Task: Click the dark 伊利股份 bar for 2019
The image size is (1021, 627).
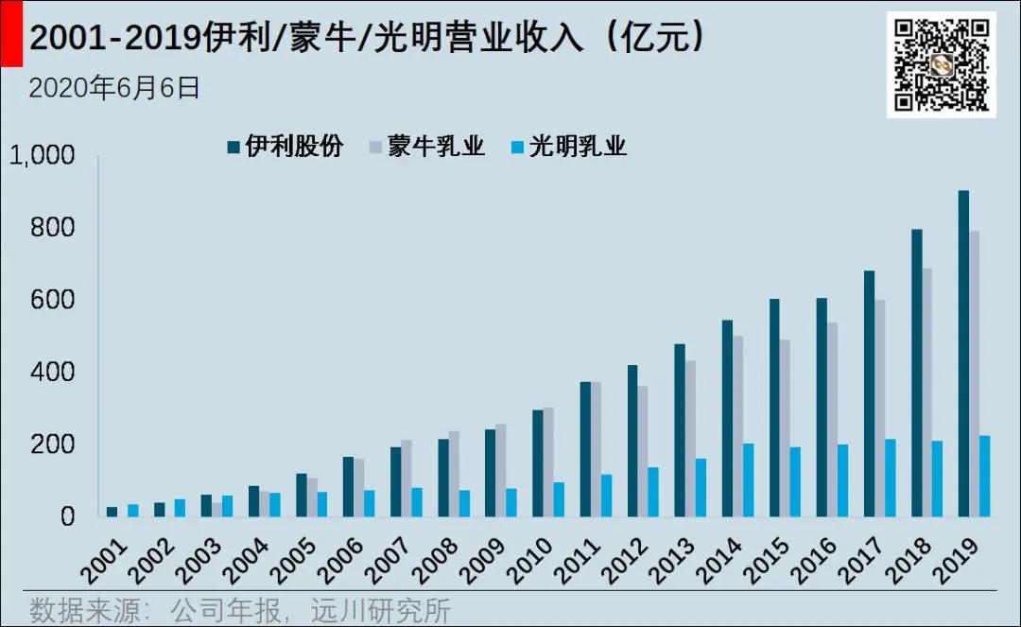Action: (963, 354)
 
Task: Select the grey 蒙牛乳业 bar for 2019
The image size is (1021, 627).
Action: (974, 374)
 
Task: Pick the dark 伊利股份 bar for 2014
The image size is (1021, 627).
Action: (726, 418)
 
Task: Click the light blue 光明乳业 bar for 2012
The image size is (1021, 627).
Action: (653, 492)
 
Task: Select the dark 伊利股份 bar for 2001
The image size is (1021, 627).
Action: (112, 512)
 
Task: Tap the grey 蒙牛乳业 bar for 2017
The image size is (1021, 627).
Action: (879, 409)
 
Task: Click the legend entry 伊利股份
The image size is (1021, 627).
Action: (285, 147)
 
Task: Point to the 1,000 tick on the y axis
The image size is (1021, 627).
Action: (42, 156)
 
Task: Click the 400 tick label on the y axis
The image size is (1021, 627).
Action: (53, 373)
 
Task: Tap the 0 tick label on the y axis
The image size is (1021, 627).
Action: (67, 517)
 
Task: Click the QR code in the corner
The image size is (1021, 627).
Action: (941, 64)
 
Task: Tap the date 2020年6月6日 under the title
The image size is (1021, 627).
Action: (114, 88)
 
